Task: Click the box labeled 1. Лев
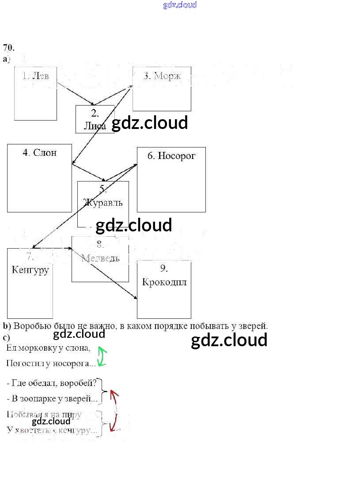(x=35, y=93)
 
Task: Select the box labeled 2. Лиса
(x=95, y=119)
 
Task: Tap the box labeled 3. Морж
(x=162, y=89)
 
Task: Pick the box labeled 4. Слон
(x=39, y=178)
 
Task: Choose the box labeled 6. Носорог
(x=171, y=179)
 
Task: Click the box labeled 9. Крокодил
(x=164, y=289)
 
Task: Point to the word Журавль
(x=103, y=203)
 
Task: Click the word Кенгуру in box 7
(x=30, y=269)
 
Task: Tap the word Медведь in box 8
(x=100, y=258)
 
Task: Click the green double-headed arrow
(x=102, y=356)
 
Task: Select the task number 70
(x=8, y=48)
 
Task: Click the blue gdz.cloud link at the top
(x=180, y=5)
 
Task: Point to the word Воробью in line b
(x=30, y=326)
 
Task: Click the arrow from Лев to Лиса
(x=74, y=94)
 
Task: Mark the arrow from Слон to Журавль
(x=89, y=172)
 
